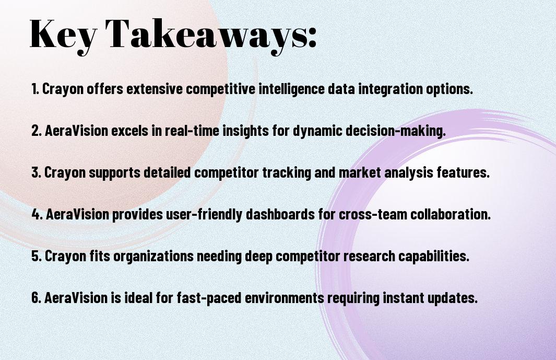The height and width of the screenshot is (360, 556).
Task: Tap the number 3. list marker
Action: pyautogui.click(x=36, y=172)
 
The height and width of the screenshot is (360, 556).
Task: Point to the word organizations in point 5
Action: pyautogui.click(x=153, y=256)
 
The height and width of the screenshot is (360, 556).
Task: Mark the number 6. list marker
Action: pyautogui.click(x=37, y=298)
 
